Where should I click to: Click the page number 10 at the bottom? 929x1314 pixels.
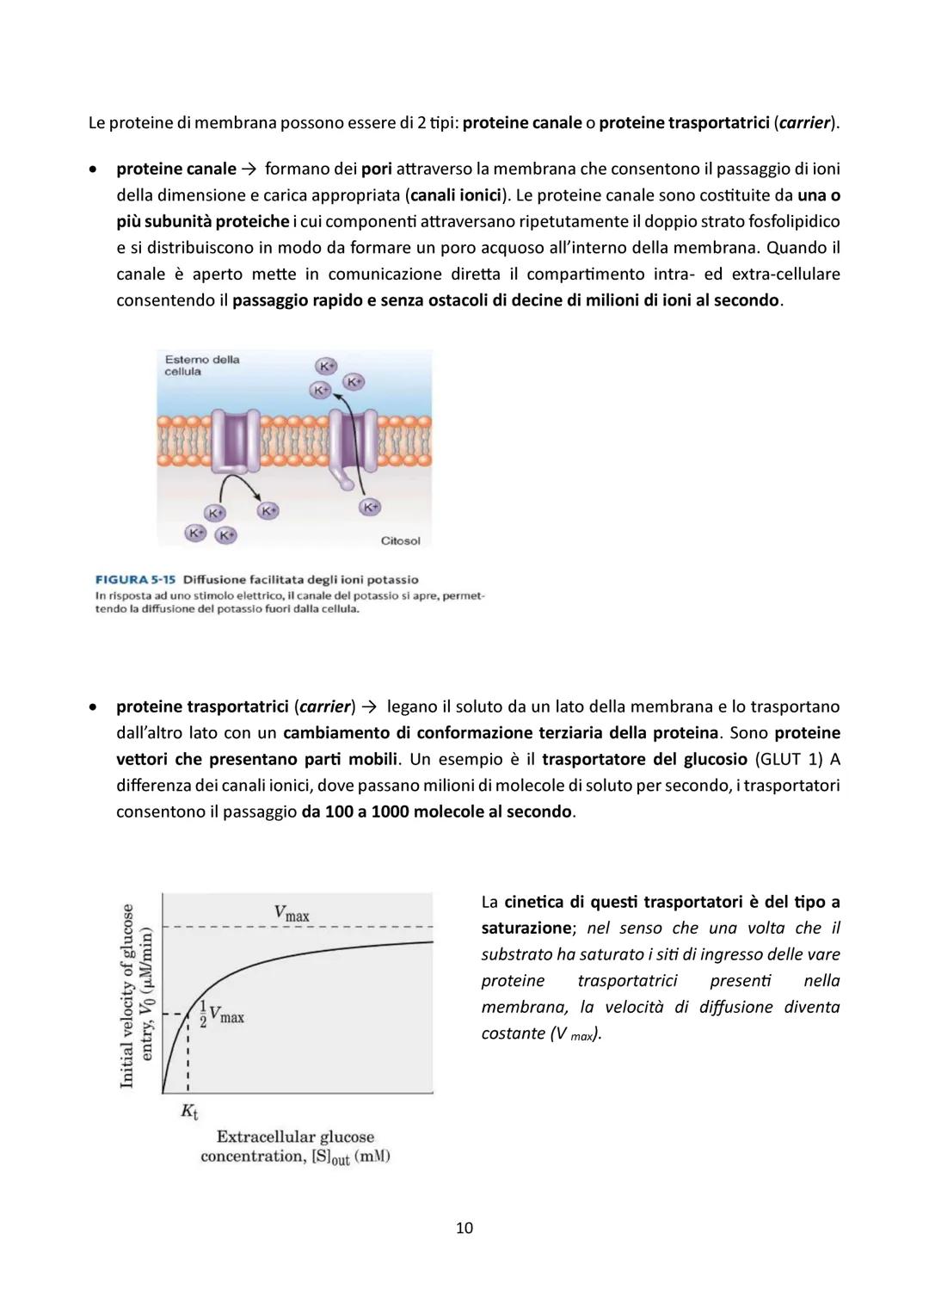(x=464, y=1228)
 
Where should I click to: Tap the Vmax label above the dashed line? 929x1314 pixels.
(x=292, y=913)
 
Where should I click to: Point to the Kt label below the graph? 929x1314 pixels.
(x=189, y=1111)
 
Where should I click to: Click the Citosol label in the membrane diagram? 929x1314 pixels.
(x=400, y=540)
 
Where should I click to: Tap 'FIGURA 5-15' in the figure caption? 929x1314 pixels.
(x=135, y=579)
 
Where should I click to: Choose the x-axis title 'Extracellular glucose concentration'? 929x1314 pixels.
(x=295, y=1146)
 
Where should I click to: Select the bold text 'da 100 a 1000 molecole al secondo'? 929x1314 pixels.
(x=436, y=811)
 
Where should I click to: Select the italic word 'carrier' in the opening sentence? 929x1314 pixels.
(x=805, y=122)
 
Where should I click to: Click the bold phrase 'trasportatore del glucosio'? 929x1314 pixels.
(x=645, y=759)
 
